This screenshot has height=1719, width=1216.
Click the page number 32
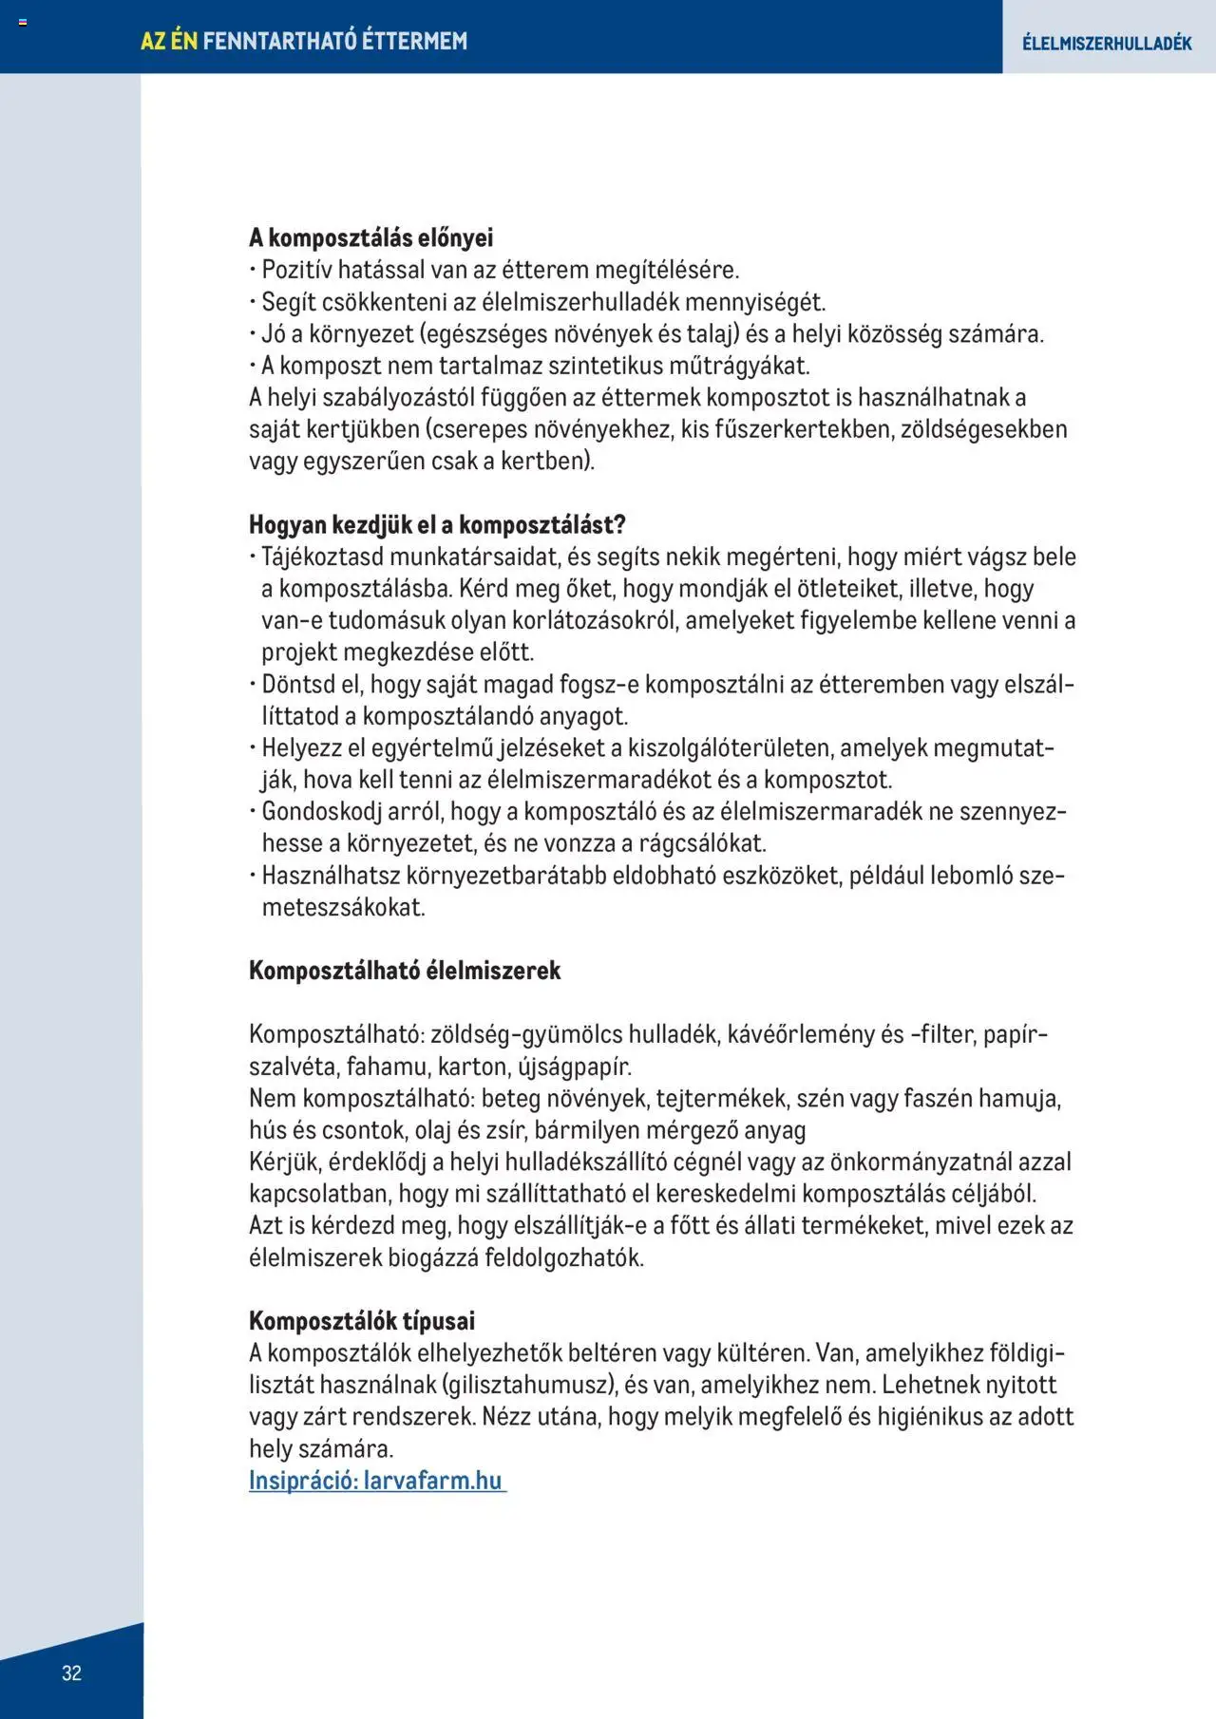point(71,1672)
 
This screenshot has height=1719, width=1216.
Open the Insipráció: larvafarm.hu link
point(376,1480)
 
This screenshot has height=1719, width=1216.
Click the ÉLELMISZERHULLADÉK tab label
point(1107,43)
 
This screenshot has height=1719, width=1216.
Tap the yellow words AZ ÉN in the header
point(168,41)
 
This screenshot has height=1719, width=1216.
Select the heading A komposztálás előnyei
point(370,237)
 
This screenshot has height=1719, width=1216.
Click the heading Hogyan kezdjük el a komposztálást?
point(437,524)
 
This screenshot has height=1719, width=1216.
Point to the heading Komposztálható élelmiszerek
point(405,970)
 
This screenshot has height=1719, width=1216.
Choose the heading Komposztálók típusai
point(361,1320)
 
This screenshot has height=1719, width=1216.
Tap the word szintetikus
point(603,366)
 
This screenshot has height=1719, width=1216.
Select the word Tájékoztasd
point(323,557)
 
